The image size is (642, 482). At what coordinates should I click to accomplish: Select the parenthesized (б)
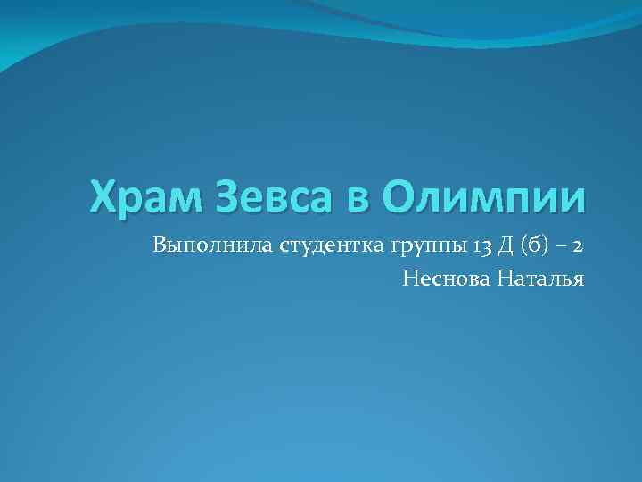[539, 245]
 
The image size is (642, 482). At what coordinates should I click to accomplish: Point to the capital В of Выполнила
[160, 245]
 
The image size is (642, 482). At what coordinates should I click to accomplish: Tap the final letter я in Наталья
[578, 282]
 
